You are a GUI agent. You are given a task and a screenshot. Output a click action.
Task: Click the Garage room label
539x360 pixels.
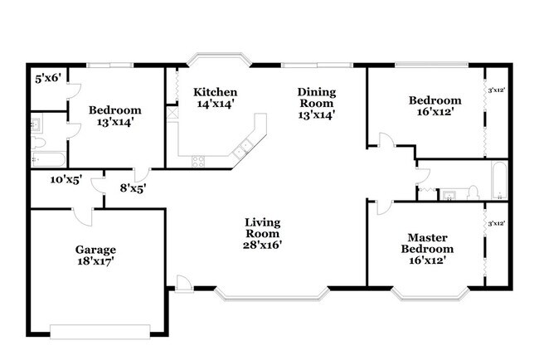pyautogui.click(x=95, y=255)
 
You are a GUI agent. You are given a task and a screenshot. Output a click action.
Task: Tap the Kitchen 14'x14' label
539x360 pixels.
pyautogui.click(x=215, y=97)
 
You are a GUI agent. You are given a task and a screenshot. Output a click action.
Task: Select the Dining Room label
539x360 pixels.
pyautogui.click(x=316, y=103)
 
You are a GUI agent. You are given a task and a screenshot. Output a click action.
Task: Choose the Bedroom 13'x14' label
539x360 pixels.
pyautogui.click(x=115, y=115)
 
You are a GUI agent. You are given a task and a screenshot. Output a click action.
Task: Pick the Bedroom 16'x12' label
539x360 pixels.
pyautogui.click(x=435, y=106)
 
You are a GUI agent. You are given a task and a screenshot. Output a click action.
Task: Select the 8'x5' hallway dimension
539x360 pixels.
pyautogui.click(x=133, y=188)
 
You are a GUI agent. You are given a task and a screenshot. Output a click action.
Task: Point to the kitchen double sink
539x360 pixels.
pyautogui.click(x=244, y=150)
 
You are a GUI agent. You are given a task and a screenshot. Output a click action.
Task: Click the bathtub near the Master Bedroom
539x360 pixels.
pyautogui.click(x=499, y=181)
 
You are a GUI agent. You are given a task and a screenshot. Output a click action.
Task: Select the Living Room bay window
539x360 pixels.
pyautogui.click(x=271, y=292)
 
